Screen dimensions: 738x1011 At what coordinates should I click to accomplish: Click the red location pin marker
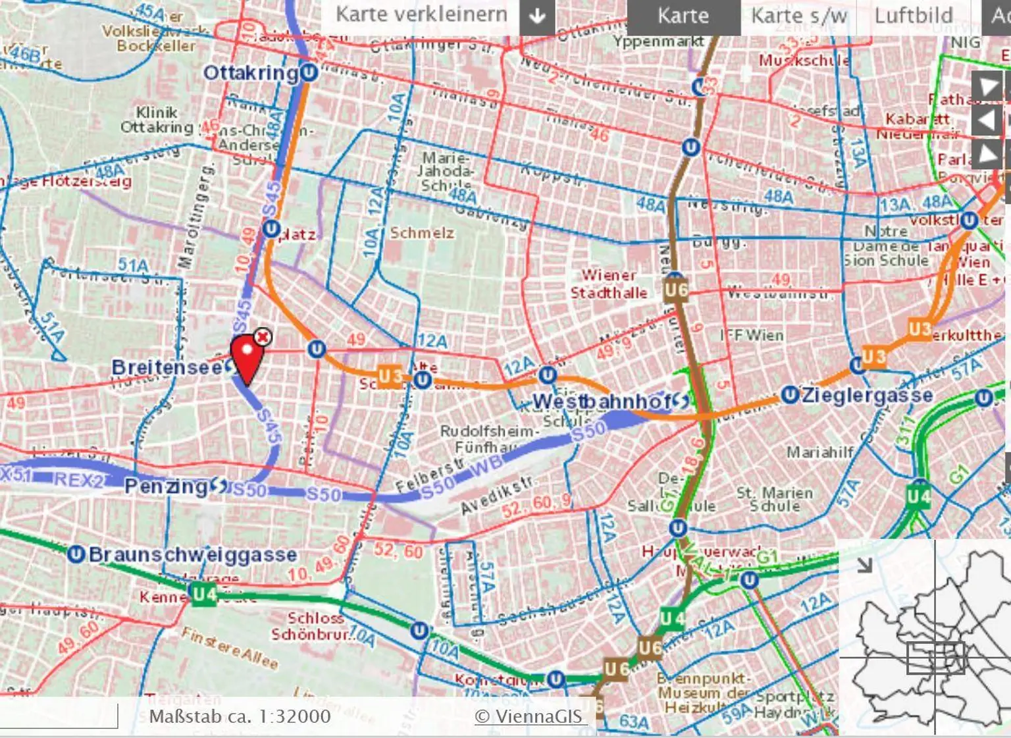tap(247, 356)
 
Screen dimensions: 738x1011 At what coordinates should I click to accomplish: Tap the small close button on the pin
tap(263, 337)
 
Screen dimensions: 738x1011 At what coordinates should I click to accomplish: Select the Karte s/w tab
tap(798, 16)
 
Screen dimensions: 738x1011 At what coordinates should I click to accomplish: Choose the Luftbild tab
tap(914, 16)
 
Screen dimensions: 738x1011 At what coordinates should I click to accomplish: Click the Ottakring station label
tap(251, 72)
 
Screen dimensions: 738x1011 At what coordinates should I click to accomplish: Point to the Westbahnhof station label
tap(602, 401)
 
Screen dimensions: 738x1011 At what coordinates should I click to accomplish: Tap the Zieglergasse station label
tap(867, 395)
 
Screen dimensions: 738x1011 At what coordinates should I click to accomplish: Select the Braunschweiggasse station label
tap(193, 554)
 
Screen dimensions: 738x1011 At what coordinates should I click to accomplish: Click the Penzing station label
tap(166, 487)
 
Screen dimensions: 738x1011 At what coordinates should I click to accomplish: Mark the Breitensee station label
tap(167, 367)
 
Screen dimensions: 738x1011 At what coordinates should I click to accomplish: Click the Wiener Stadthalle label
tap(609, 284)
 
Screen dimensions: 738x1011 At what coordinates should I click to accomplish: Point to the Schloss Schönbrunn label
tap(315, 626)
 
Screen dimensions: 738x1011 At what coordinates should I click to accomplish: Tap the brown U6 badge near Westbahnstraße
tap(676, 290)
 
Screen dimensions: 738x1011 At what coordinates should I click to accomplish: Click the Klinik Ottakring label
tap(157, 120)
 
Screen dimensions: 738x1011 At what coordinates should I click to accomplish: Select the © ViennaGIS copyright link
tap(529, 716)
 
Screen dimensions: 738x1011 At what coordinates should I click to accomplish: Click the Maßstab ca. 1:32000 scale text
tap(240, 716)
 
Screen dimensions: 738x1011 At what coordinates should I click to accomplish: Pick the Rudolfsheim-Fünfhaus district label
tap(486, 438)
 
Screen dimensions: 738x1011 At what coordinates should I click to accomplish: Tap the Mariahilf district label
tap(820, 452)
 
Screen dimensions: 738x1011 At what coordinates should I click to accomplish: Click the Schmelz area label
tap(422, 233)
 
